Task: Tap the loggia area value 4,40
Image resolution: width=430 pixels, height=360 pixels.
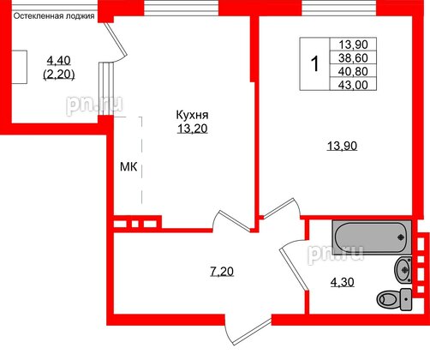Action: point(59,60)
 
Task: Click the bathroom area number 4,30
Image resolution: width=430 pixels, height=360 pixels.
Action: point(343,279)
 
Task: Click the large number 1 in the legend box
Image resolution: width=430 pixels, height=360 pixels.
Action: point(315,63)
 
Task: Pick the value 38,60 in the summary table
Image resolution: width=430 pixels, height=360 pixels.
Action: point(355,58)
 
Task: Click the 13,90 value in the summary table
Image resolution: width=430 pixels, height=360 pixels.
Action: point(355,45)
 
